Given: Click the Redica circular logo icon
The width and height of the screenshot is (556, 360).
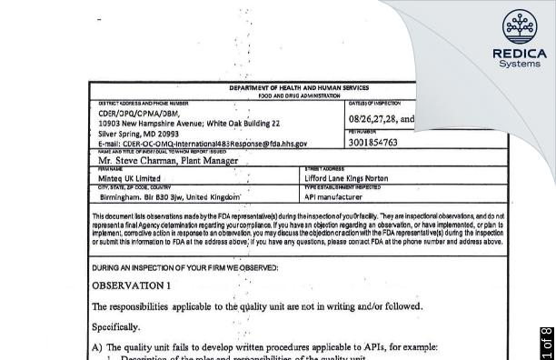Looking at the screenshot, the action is pos(520,26).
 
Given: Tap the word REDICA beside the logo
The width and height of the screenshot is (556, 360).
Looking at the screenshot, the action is pos(520,54).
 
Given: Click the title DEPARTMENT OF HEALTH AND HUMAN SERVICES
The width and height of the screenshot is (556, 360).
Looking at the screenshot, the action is pos(299,88).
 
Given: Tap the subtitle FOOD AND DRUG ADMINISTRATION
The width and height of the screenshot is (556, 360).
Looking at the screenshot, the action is pos(299,95).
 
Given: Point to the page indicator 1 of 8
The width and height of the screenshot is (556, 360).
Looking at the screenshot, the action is pos(546,343).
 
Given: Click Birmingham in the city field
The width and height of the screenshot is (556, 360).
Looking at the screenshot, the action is pos(121,196).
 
